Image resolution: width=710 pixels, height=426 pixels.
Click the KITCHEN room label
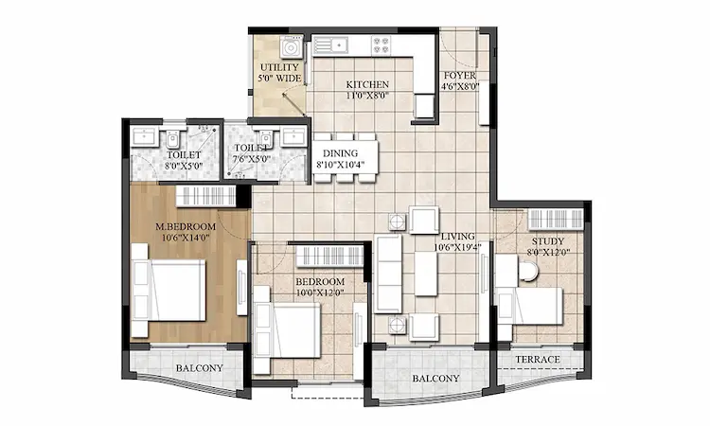pyautogui.click(x=367, y=84)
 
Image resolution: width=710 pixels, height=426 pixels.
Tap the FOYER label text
pyautogui.click(x=460, y=75)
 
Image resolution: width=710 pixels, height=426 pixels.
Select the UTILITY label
pyautogui.click(x=279, y=67)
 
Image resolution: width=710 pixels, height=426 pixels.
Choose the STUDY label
pyautogui.click(x=547, y=241)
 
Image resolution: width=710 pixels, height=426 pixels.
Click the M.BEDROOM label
pyautogui.click(x=186, y=227)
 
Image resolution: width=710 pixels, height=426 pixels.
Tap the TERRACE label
pyautogui.click(x=538, y=360)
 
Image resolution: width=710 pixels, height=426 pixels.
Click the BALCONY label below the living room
pyautogui.click(x=435, y=379)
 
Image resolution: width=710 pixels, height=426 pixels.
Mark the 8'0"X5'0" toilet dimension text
pyautogui.click(x=184, y=165)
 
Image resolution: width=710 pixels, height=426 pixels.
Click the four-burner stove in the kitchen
pyautogui.click(x=382, y=43)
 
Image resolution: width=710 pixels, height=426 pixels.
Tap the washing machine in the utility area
pyautogui.click(x=293, y=45)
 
